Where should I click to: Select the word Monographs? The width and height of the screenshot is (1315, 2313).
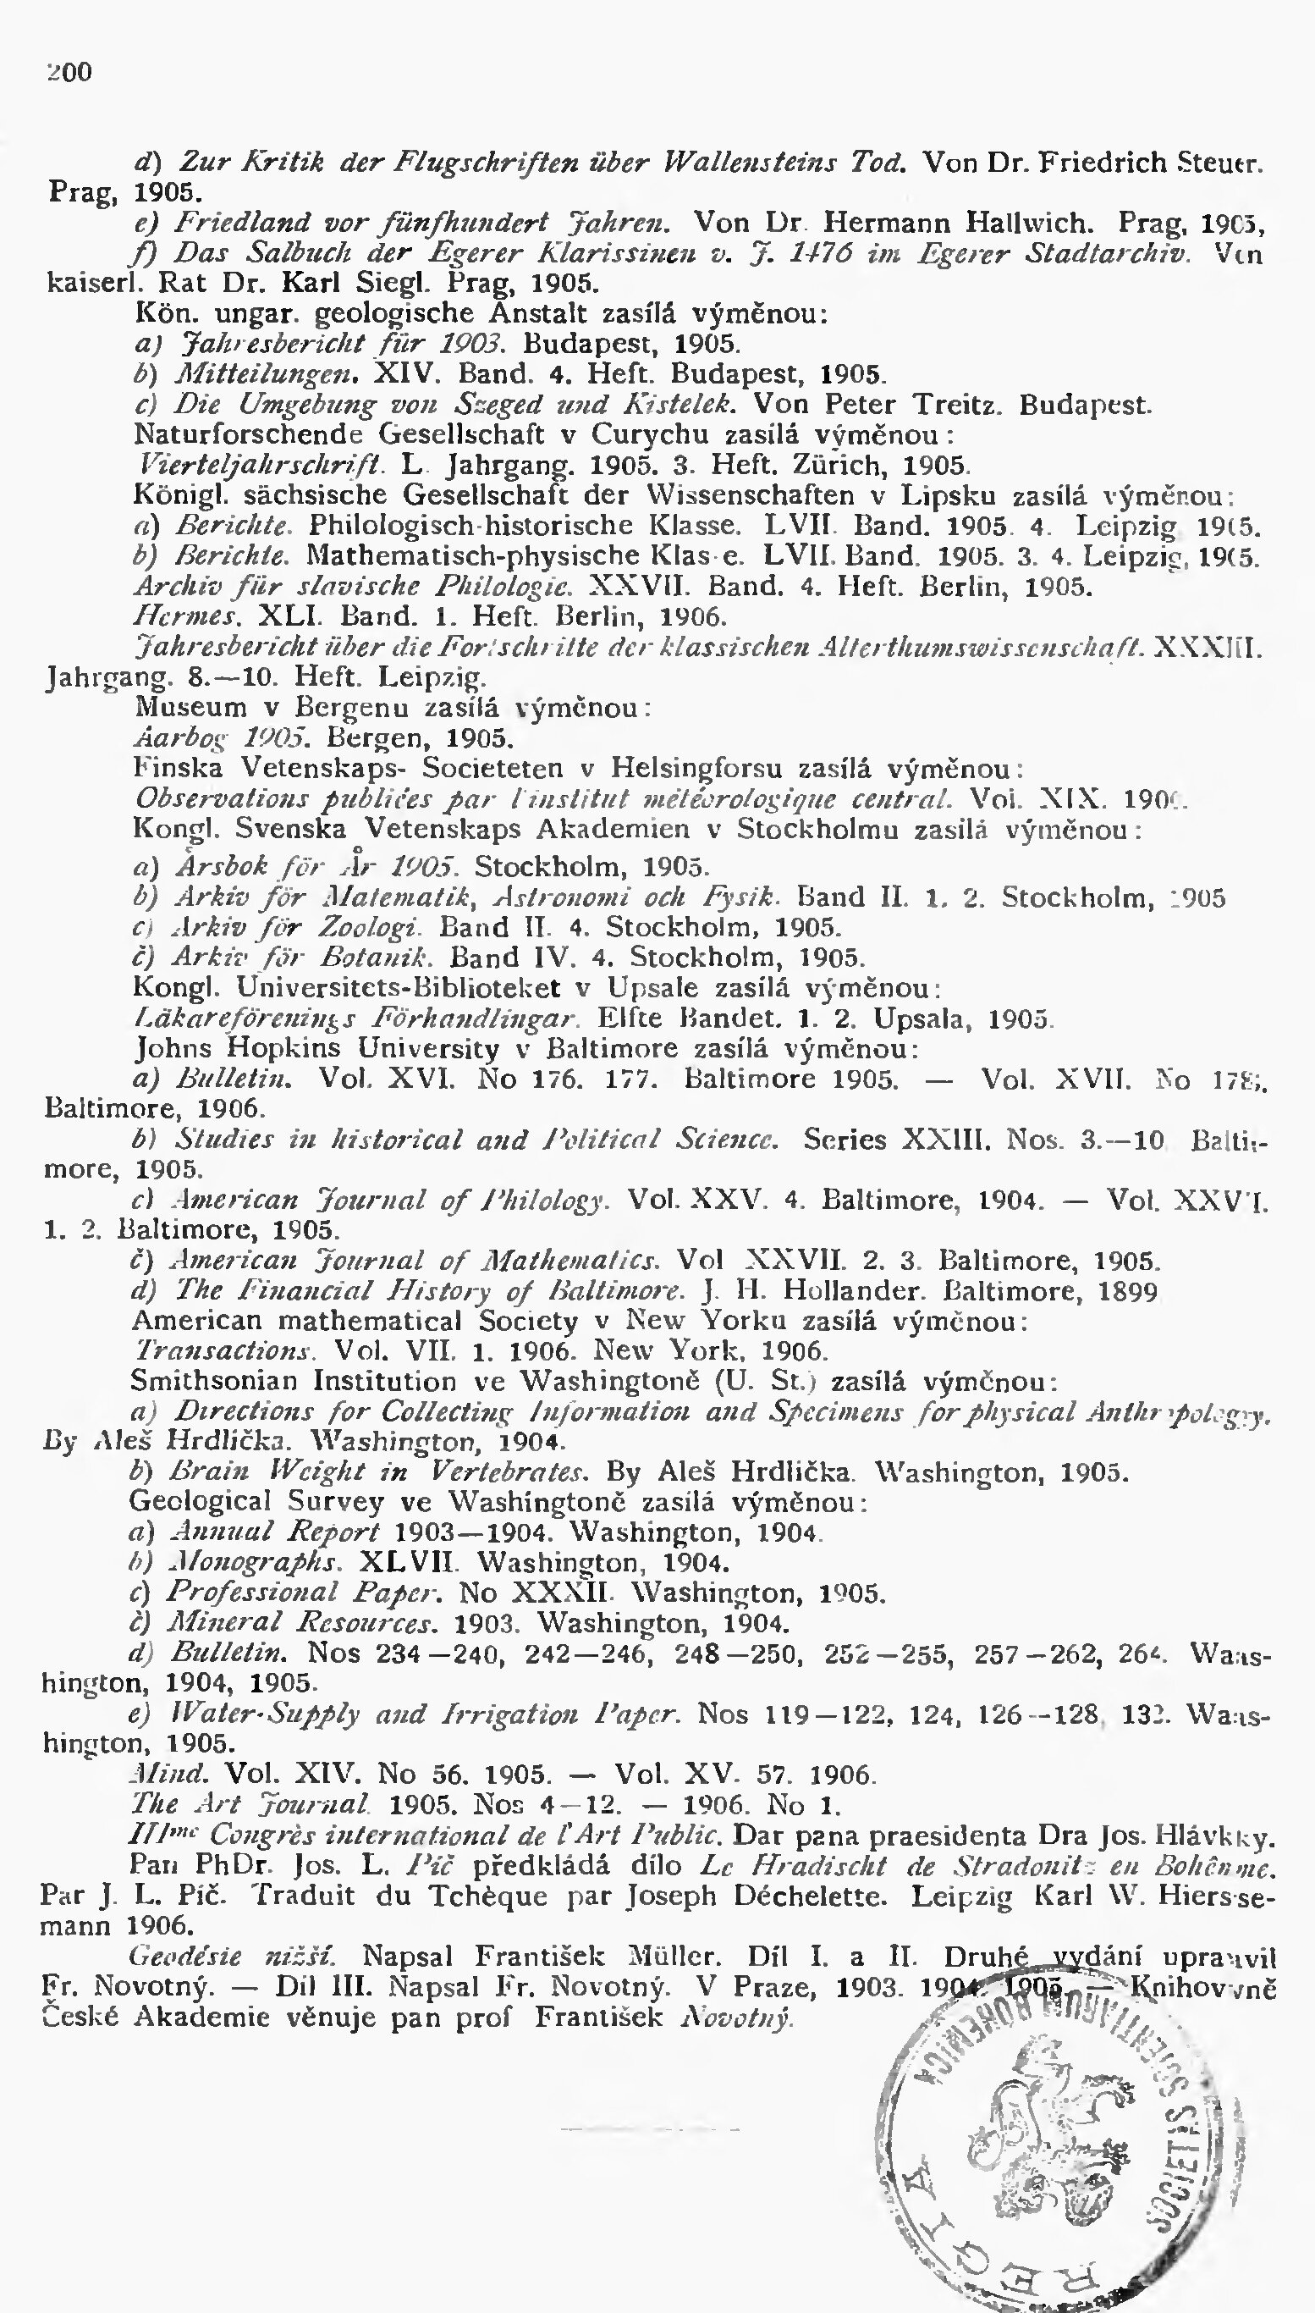point(256,1563)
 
